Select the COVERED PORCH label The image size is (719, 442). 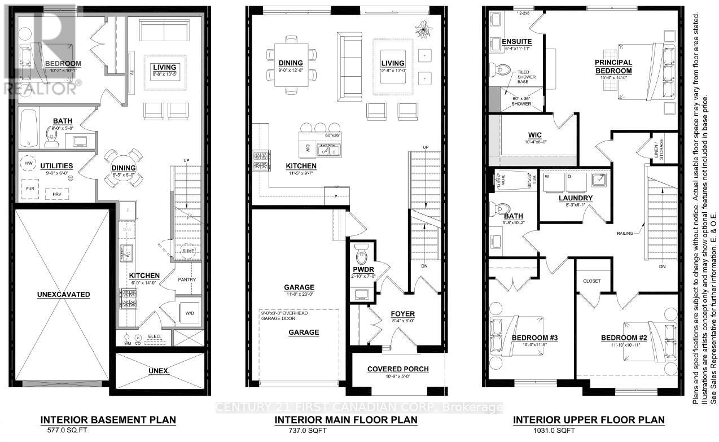398,369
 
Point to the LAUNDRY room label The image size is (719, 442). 575,198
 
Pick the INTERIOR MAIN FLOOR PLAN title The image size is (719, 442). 346,420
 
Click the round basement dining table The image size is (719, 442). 124,168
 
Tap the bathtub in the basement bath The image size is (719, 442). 28,128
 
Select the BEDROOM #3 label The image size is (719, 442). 534,338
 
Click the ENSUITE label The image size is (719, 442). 516,41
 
